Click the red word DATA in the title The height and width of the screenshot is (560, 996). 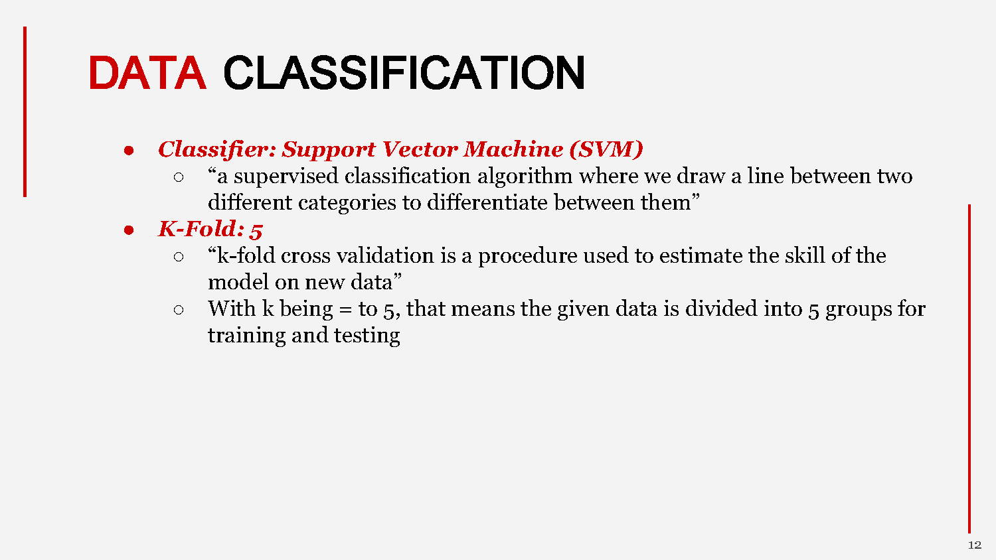click(147, 73)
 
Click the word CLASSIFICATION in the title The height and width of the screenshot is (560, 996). click(404, 73)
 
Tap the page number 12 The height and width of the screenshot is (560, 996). click(974, 545)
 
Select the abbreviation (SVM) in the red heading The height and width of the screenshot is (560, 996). click(606, 149)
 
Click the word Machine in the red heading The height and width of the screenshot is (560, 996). click(513, 149)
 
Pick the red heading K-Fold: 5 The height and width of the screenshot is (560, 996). click(210, 230)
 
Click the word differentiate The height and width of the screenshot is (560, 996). click(487, 203)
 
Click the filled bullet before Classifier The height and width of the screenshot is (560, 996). click(129, 151)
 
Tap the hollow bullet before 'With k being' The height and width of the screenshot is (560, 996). click(178, 310)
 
